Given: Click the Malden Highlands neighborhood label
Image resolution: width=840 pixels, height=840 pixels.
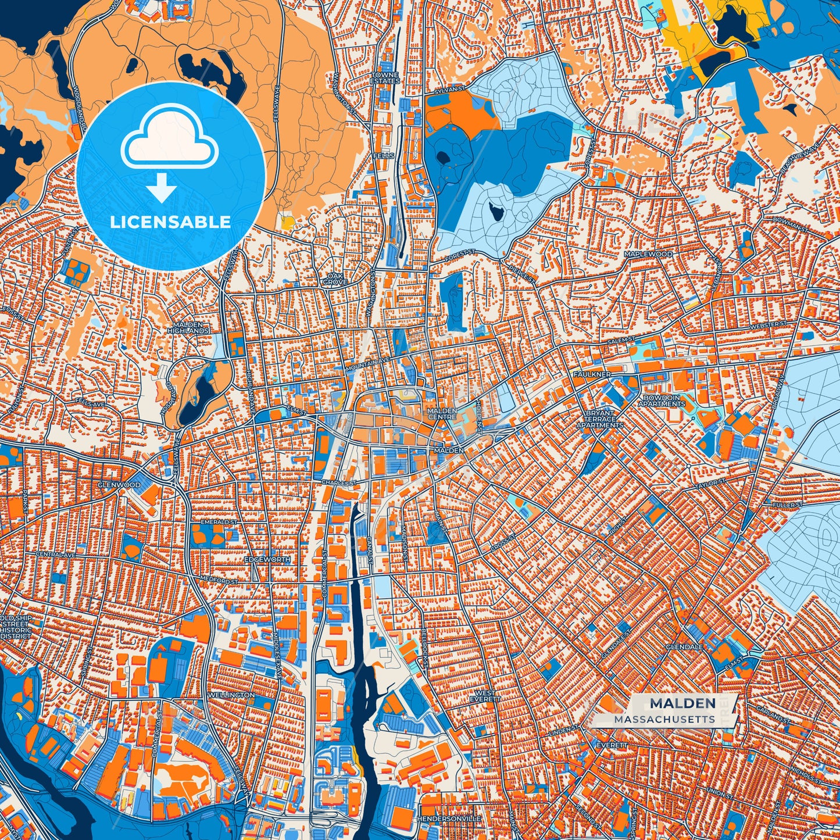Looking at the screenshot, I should coord(188,327).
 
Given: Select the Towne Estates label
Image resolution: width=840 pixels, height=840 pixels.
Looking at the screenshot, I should coord(385,78).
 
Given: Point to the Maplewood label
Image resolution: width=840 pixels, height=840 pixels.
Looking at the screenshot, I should coord(648,255).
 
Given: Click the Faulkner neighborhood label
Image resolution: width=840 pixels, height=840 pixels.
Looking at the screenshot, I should coord(592,374).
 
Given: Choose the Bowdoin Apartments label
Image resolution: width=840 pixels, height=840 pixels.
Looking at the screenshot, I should coord(662,401).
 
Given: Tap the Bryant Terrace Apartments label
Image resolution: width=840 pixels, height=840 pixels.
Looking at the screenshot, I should coord(599,419).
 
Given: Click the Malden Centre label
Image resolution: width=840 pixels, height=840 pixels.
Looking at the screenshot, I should coord(442,413).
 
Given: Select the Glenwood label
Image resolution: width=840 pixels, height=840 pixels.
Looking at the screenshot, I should coord(119,484).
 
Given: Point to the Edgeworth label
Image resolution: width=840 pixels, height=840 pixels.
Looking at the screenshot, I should coord(267,559).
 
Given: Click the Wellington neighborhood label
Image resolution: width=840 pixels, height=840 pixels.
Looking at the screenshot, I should coord(231,695).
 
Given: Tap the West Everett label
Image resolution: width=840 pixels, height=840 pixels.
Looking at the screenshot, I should coord(485,696).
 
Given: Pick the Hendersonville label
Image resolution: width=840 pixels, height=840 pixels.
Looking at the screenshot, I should coord(448,818).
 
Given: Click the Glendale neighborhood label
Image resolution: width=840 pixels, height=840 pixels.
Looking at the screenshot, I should coord(684,646).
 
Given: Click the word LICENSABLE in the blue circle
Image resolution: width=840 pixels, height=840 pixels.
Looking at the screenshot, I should coord(170,222).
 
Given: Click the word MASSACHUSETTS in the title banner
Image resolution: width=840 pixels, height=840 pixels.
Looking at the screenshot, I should coord(664,719).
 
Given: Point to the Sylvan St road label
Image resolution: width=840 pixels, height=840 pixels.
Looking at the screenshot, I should coord(451,90).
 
